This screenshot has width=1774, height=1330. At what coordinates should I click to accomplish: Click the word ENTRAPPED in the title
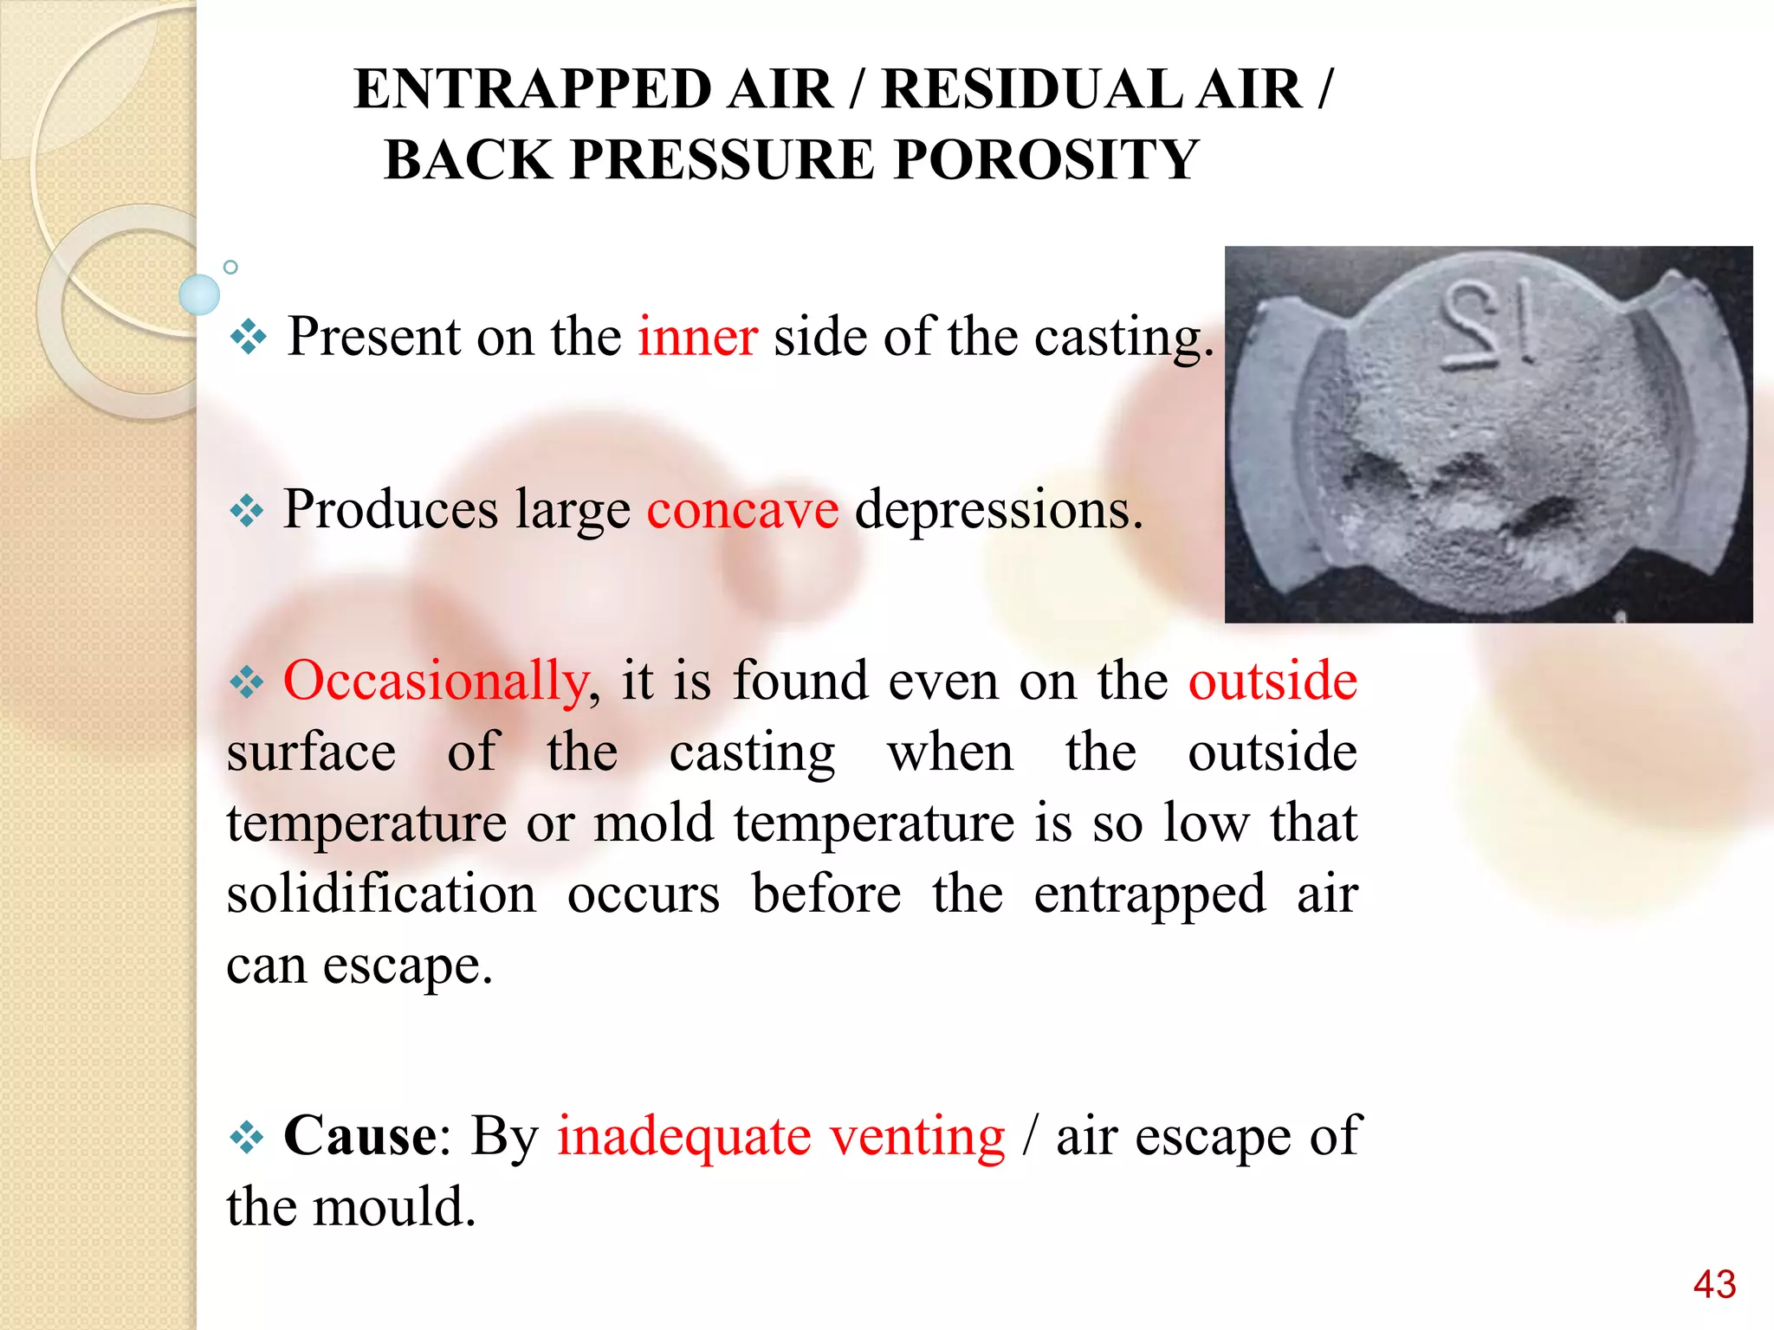click(531, 89)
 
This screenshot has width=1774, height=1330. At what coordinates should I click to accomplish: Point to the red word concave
click(742, 509)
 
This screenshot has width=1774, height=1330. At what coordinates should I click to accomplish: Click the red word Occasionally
click(436, 681)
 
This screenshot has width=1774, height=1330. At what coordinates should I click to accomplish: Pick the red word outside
click(1272, 681)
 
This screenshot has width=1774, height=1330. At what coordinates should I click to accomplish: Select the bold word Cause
click(359, 1135)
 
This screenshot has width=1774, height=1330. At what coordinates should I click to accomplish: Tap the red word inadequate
click(683, 1135)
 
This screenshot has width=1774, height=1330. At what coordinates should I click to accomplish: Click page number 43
click(1714, 1284)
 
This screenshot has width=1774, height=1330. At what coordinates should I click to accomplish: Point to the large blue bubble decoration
click(199, 294)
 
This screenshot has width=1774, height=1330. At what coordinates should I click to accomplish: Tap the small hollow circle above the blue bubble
click(230, 268)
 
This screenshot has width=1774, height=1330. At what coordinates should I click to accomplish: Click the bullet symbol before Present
click(249, 337)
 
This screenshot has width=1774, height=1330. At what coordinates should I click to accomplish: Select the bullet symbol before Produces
click(247, 511)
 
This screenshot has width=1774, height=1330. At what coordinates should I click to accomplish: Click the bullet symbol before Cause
click(247, 1136)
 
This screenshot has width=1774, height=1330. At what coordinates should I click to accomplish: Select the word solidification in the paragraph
click(381, 894)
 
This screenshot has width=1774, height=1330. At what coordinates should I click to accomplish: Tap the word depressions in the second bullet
click(998, 509)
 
